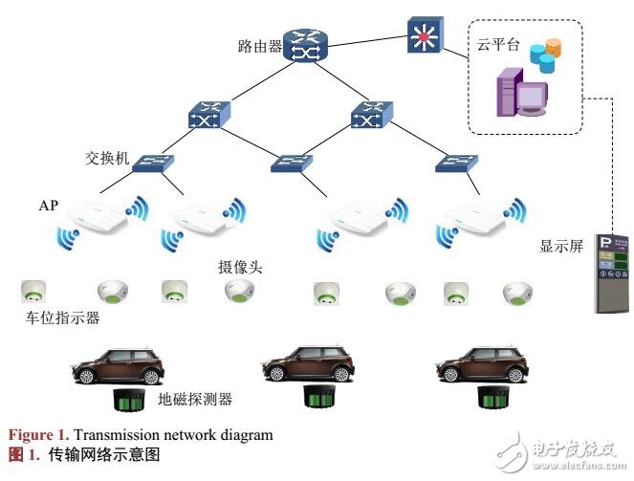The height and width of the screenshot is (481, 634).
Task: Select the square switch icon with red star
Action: [x=423, y=34]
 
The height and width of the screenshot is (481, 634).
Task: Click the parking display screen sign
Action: [x=611, y=273]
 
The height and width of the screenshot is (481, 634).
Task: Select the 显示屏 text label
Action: [x=561, y=246]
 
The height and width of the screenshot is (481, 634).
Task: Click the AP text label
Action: [x=49, y=206]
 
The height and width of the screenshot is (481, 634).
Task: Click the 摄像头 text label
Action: [x=239, y=266]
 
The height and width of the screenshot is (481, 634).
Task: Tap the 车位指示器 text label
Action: [x=59, y=317]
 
